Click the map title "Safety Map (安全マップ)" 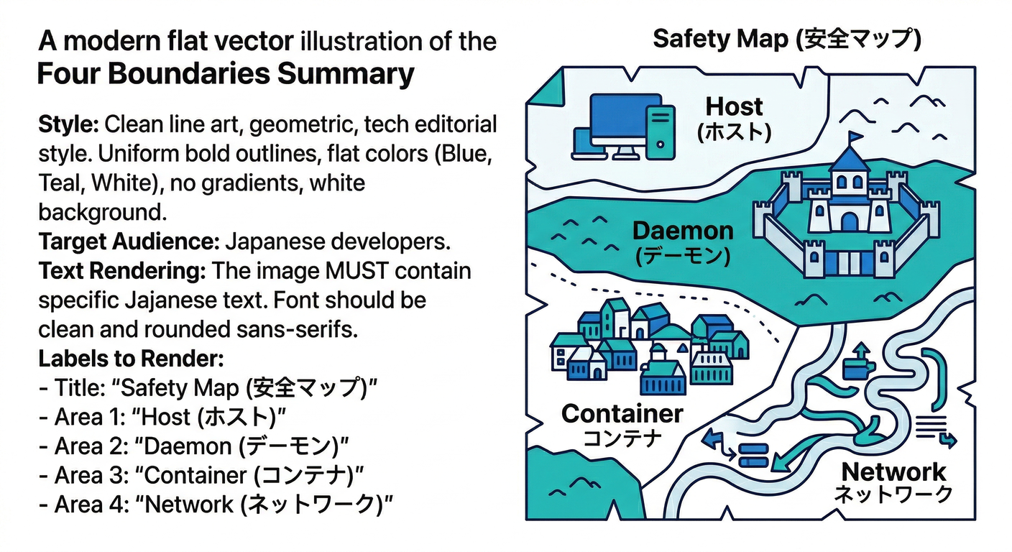tap(787, 39)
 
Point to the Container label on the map tap(622, 424)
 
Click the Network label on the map tap(893, 482)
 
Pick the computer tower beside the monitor tap(660, 130)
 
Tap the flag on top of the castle tap(855, 136)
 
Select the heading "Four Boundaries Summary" tap(226, 75)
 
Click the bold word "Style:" tap(68, 124)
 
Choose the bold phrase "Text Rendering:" tap(123, 272)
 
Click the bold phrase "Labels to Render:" tap(132, 358)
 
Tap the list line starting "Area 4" tap(216, 505)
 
